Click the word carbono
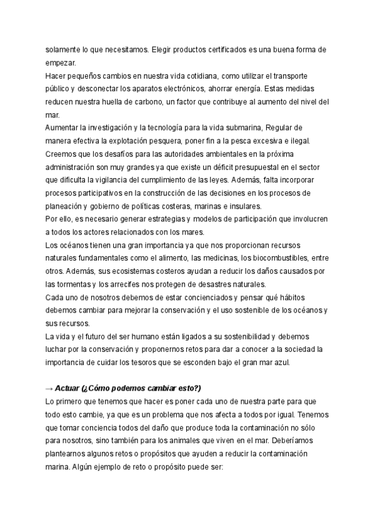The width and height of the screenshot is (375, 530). click(164, 102)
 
